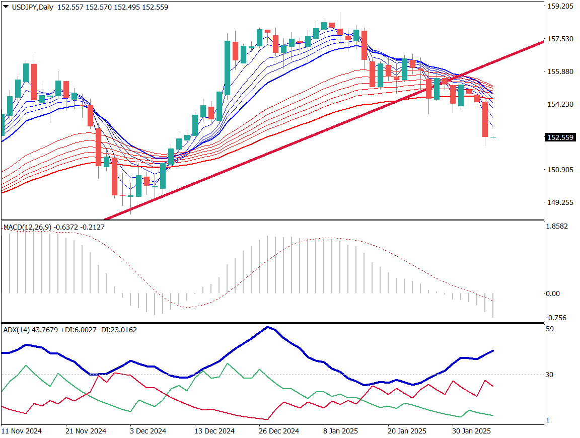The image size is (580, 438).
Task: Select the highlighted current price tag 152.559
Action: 560,137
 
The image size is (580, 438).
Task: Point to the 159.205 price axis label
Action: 560,7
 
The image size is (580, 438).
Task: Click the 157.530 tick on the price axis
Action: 560,39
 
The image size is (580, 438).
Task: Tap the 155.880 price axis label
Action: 560,71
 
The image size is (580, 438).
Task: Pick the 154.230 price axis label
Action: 560,104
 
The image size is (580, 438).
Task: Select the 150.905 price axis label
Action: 560,170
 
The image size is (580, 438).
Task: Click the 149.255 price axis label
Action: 560,202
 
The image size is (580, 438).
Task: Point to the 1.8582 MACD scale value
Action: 557,227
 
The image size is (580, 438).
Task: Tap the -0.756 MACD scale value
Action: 556,318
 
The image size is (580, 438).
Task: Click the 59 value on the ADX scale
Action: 550,329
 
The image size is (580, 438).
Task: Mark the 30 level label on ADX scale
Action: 550,375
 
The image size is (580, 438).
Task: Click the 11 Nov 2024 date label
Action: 21,431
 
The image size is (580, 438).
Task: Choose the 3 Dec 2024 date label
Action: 148,431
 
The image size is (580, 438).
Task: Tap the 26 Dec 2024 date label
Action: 279,431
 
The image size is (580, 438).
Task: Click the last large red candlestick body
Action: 485,119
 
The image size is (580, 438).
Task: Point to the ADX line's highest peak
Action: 268,327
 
